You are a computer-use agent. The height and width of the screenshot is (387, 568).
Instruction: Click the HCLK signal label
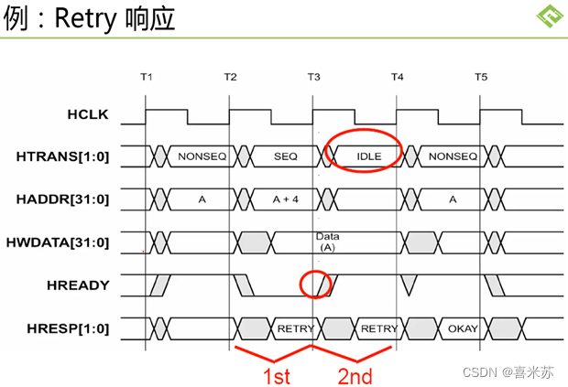[x=88, y=114]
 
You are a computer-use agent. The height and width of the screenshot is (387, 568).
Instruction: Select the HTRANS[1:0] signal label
[x=62, y=156]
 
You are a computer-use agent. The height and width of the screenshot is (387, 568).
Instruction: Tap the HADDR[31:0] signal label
[x=62, y=199]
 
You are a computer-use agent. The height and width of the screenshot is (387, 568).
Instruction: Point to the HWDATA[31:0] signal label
[x=58, y=242]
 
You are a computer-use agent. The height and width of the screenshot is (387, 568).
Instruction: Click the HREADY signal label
[x=78, y=285]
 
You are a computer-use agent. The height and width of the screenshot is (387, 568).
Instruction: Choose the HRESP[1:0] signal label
[x=68, y=328]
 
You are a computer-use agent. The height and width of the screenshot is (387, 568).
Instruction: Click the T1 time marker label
[x=147, y=77]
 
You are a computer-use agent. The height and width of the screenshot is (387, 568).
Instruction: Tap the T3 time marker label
[x=313, y=77]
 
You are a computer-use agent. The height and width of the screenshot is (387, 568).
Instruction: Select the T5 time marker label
[x=481, y=77]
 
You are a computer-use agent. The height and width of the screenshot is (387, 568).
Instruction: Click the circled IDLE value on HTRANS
[x=369, y=156]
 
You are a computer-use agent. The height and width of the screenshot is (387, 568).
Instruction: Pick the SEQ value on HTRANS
[x=286, y=156]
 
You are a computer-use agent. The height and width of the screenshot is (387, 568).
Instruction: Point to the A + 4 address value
[x=286, y=199]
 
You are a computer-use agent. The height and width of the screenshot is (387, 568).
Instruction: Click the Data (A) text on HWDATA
[x=327, y=242]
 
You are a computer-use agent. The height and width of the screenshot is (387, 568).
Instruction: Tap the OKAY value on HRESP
[x=463, y=328]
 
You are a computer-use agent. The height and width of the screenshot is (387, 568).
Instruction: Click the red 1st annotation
[x=277, y=376]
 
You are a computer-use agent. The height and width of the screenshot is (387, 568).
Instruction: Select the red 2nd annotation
[x=355, y=376]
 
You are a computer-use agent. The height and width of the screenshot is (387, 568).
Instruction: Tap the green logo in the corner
[x=550, y=16]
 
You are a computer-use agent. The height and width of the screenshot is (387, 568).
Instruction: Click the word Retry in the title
[x=85, y=19]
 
